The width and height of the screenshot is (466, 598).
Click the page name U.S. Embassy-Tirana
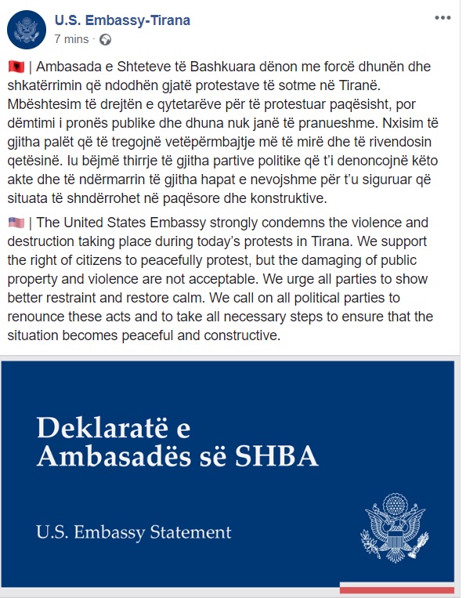coord(122,20)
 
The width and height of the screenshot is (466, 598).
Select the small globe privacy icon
coord(106,38)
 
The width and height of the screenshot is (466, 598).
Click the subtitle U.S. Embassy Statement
coord(134,533)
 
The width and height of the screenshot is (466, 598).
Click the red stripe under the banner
coord(396,589)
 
